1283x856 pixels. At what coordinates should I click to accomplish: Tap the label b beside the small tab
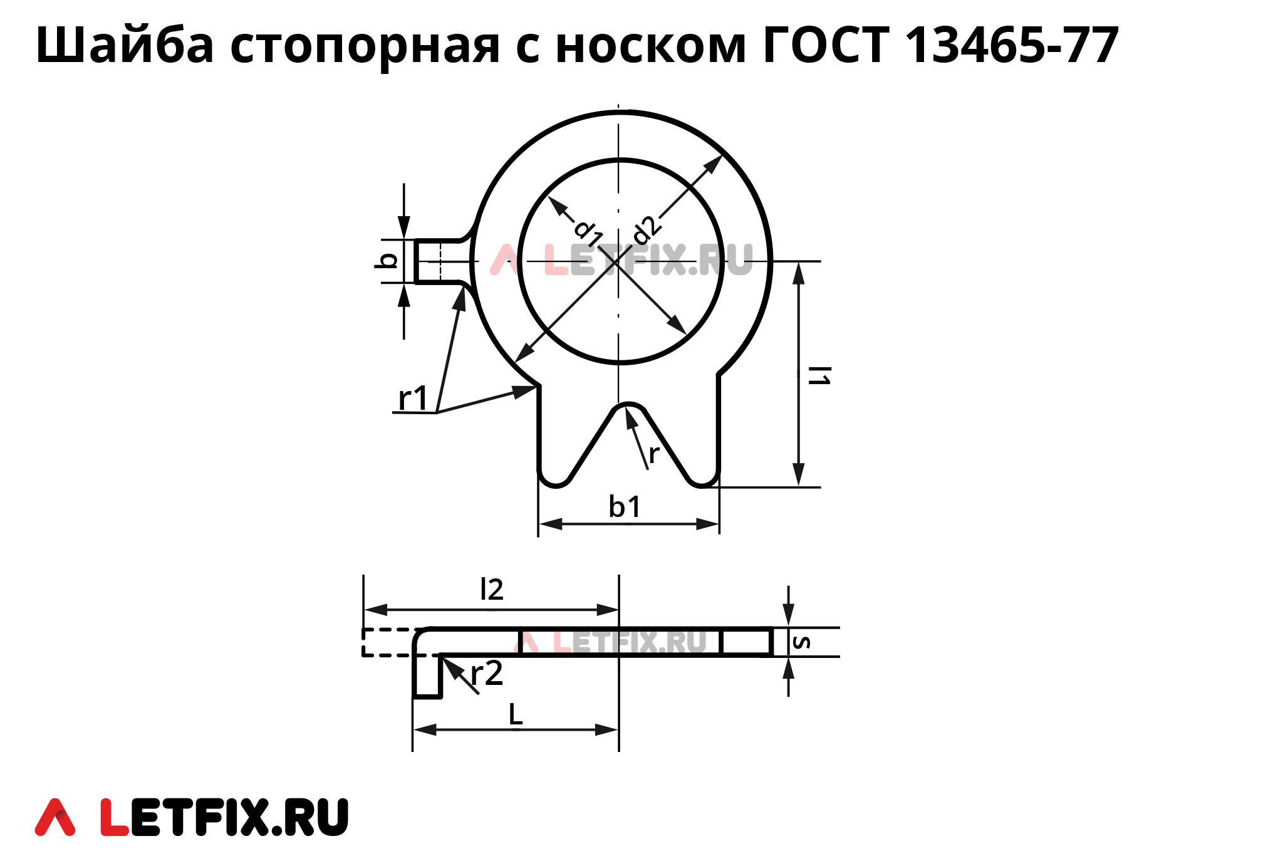pos(388,261)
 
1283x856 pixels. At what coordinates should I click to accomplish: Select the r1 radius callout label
pos(413,399)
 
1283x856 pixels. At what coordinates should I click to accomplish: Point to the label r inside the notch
pos(654,454)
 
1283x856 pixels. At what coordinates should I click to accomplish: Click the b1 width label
pos(625,506)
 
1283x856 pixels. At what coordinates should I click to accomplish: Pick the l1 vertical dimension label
pos(819,375)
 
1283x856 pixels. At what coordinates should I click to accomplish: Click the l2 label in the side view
pos(491,590)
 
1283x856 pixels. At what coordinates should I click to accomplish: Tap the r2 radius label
pos(487,674)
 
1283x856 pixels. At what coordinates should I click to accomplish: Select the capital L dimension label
pos(515,714)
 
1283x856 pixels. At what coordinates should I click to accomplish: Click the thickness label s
pos(801,642)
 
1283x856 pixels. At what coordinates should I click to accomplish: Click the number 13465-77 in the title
pos(1012,45)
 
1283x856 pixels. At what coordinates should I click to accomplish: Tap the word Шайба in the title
pos(125,45)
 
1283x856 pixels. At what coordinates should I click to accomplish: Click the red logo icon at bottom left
pos(55,817)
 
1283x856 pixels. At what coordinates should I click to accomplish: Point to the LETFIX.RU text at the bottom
pos(224,817)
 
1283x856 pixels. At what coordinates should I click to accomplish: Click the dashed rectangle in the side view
pos(387,642)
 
